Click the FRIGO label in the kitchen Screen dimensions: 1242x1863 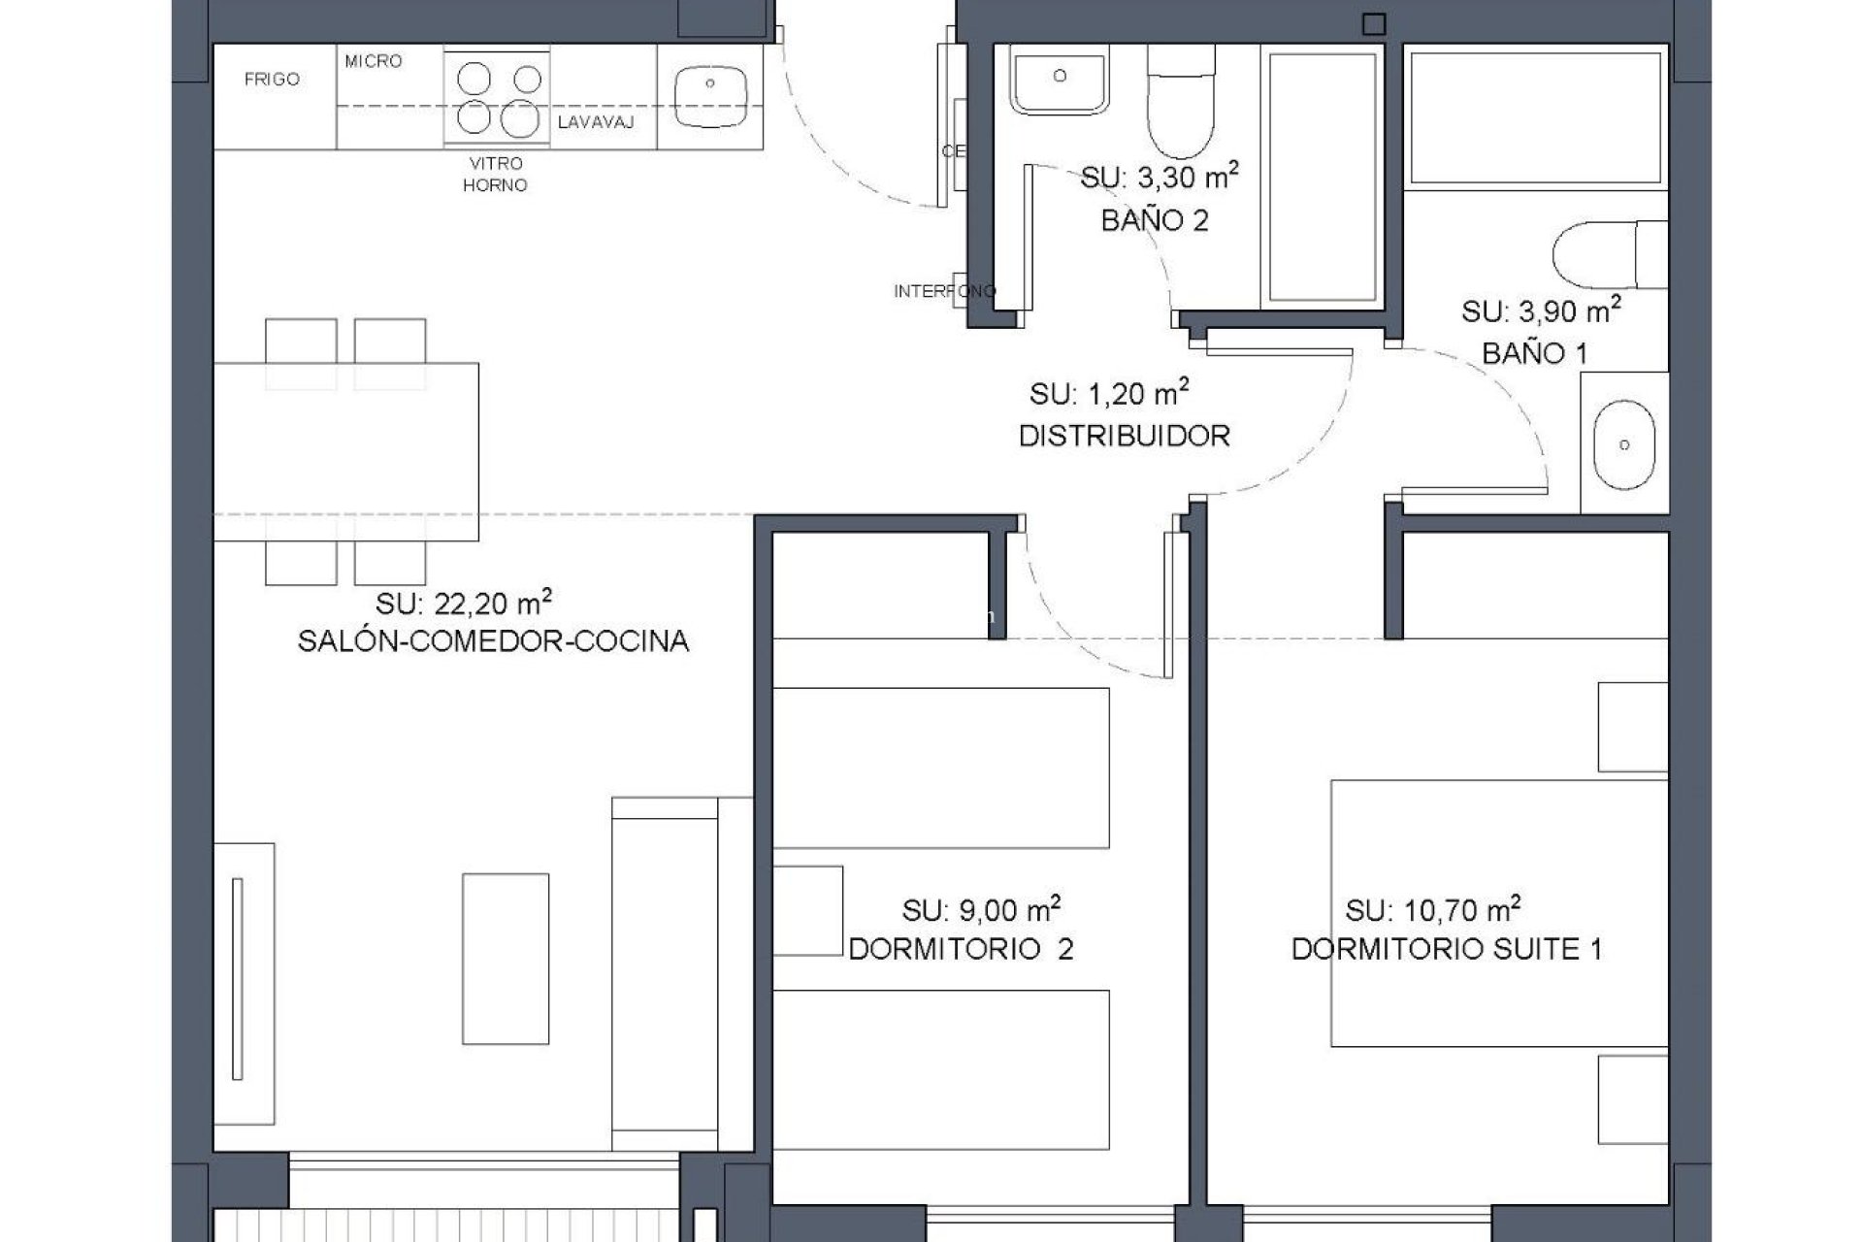272,80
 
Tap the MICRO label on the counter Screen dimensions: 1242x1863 374,61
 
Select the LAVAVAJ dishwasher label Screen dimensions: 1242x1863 596,122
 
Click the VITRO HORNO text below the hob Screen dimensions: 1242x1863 495,175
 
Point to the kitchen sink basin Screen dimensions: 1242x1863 710,96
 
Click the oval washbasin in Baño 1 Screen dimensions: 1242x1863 1623,444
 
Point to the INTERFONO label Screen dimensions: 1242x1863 944,290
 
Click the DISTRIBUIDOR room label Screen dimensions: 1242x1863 1124,436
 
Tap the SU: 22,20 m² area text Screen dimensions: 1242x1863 464,603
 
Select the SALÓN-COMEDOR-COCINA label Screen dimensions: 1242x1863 493,641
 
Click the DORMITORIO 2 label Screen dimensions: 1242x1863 961,949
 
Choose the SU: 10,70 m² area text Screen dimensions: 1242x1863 1432,910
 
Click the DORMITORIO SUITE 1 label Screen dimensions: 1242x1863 1446,949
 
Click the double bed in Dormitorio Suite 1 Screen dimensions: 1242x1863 1499,912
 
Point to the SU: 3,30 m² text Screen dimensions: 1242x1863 1160,178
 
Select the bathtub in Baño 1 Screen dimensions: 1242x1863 1536,117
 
